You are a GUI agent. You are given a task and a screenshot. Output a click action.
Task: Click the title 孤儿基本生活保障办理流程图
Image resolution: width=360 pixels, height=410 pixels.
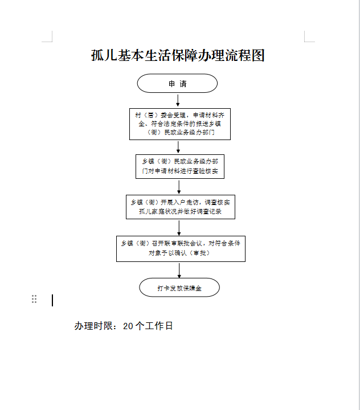(x=178, y=55)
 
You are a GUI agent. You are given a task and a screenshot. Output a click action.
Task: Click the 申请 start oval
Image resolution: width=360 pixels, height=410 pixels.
(x=177, y=83)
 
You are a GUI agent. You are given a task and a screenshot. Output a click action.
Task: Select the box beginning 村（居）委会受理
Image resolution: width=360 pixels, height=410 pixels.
(x=180, y=124)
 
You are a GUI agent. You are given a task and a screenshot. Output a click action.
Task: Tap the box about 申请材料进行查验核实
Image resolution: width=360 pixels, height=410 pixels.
(x=180, y=166)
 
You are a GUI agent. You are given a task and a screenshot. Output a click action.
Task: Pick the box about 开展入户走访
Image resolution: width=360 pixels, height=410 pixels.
(x=181, y=207)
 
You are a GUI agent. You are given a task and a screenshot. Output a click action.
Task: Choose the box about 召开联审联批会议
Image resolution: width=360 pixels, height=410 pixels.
(x=181, y=249)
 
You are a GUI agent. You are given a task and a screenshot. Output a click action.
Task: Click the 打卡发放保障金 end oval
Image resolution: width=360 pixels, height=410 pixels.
(x=179, y=288)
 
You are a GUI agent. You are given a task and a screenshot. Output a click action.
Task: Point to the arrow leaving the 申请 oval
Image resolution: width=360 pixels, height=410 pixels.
(x=178, y=100)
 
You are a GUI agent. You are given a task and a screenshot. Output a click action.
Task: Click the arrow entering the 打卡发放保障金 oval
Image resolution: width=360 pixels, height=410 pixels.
(x=179, y=270)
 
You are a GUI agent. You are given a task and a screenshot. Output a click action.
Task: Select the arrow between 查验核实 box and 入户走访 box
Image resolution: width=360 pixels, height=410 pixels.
(x=179, y=187)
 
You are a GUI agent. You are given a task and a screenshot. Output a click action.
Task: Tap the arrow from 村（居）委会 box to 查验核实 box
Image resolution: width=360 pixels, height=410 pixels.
(x=178, y=147)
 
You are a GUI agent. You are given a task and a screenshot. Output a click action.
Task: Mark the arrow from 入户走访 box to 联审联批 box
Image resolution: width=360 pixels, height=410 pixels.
(x=179, y=228)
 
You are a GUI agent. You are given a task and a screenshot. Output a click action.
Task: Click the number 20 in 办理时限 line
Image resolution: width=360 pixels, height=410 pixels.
(x=128, y=326)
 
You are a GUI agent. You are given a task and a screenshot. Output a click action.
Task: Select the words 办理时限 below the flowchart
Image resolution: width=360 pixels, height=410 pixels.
(x=93, y=326)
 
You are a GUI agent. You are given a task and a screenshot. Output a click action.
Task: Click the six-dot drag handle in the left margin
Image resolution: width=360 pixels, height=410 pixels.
(x=34, y=299)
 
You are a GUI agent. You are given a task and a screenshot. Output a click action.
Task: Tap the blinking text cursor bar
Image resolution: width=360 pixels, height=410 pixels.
(x=52, y=300)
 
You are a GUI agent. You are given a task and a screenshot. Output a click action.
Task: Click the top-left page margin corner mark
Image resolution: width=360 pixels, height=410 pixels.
(x=52, y=41)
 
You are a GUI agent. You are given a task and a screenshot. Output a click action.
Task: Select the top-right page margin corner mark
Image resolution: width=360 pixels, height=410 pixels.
(x=305, y=41)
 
